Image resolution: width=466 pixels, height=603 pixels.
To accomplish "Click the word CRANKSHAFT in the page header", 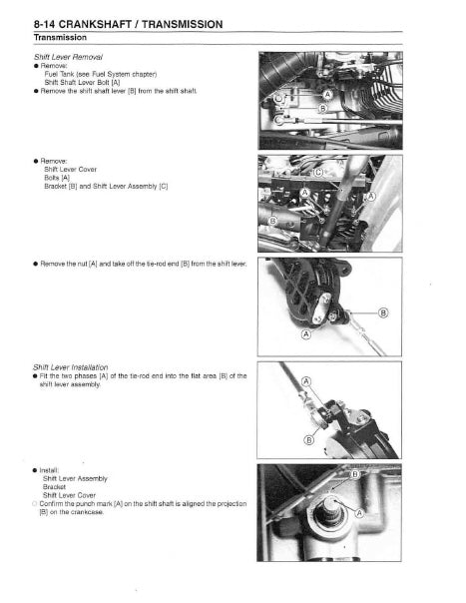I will point(100,23).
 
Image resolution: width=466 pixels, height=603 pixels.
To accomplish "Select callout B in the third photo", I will point(384,312).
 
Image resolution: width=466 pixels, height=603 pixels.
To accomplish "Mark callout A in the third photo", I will point(306,335).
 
